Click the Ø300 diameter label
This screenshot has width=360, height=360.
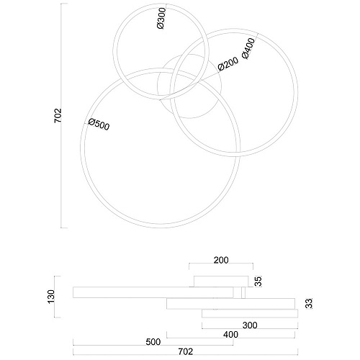pyautogui.click(x=161, y=18)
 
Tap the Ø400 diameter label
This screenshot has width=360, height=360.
pyautogui.click(x=248, y=48)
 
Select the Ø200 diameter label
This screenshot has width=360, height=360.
pyautogui.click(x=228, y=64)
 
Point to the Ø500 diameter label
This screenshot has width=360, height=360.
pyautogui.click(x=99, y=125)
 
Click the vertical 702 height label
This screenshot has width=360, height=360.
pyautogui.click(x=58, y=116)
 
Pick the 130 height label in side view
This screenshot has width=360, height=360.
pyautogui.click(x=51, y=297)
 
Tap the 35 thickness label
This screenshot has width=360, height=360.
pyautogui.click(x=258, y=282)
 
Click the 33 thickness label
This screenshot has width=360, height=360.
pyautogui.click(x=310, y=303)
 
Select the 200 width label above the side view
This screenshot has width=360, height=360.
pyautogui.click(x=221, y=260)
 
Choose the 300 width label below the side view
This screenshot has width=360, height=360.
pyautogui.click(x=250, y=325)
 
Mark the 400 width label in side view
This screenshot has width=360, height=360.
pyautogui.click(x=230, y=335)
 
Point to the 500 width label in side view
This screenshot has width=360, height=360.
pyautogui.click(x=153, y=342)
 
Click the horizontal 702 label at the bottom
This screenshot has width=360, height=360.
pyautogui.click(x=186, y=352)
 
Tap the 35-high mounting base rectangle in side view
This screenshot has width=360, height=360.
pyautogui.click(x=221, y=282)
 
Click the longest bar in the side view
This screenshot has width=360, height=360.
pyautogui.click(x=153, y=292)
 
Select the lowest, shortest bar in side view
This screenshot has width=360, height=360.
pyautogui.click(x=250, y=313)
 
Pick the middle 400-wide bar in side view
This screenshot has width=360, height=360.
pyautogui.click(x=230, y=304)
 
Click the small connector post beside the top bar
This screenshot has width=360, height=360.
pyautogui.click(x=243, y=292)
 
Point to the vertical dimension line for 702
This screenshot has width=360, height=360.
pyautogui.click(x=61, y=116)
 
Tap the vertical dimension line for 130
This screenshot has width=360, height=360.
pyautogui.click(x=55, y=297)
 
